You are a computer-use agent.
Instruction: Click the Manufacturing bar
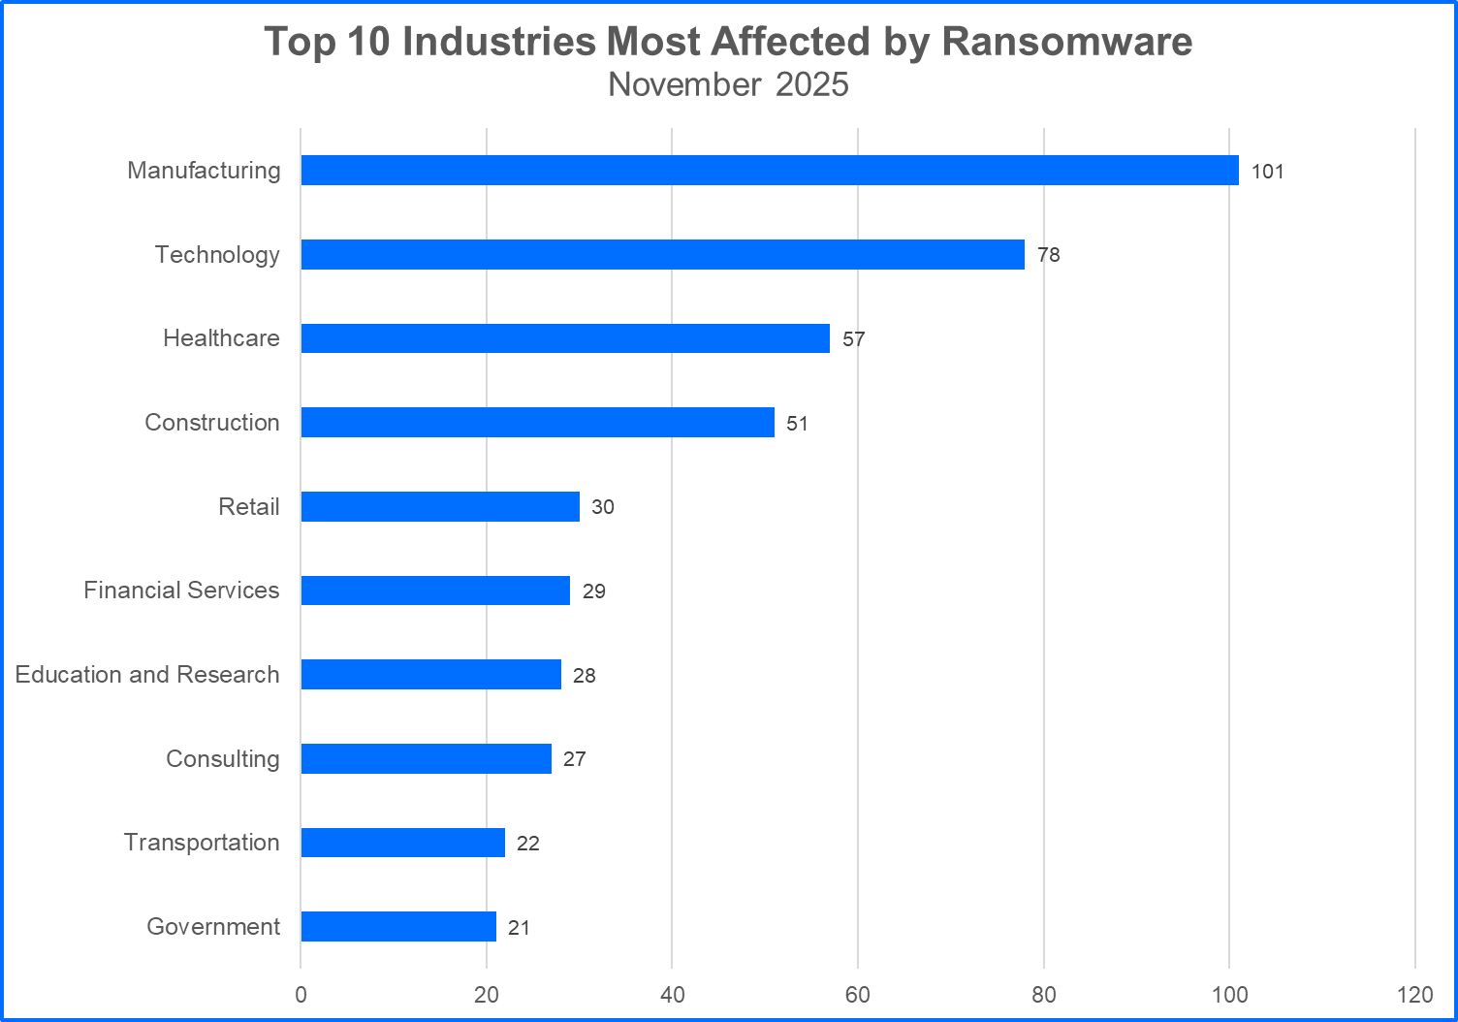(769, 171)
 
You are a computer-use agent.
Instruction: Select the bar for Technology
(662, 255)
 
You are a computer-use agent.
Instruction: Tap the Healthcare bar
(565, 338)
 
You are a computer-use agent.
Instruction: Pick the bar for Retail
(440, 507)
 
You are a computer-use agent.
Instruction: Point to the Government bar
(398, 927)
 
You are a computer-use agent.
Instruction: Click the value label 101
(1267, 172)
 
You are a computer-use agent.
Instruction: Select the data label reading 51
(797, 424)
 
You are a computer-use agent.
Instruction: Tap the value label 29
(593, 591)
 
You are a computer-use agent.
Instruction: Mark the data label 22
(527, 844)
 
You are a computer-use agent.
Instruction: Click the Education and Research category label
(147, 675)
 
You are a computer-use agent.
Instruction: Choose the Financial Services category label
(181, 591)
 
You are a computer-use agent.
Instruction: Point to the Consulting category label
(222, 759)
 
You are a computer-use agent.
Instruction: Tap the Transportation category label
(202, 843)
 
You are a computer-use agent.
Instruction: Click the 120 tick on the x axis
(1415, 995)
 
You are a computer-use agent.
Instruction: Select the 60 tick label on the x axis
(858, 995)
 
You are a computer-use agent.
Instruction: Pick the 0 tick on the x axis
(301, 995)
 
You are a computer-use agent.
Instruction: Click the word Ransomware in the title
(1066, 42)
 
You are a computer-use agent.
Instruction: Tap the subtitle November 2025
(728, 84)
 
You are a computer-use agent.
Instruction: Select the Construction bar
(537, 423)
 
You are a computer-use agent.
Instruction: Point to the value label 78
(1048, 255)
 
